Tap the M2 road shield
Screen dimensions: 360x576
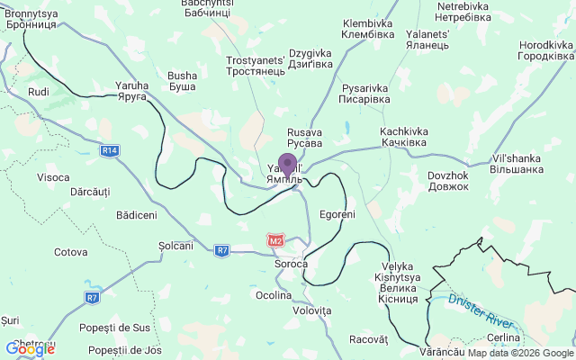[x=275, y=240]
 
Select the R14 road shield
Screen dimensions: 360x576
[x=110, y=150]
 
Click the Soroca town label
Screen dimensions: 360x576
[x=292, y=265]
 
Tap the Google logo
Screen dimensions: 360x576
[x=29, y=348]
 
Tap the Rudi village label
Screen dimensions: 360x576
[x=39, y=93]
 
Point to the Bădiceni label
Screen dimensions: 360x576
[x=137, y=215]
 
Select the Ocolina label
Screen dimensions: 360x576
[x=274, y=295]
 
